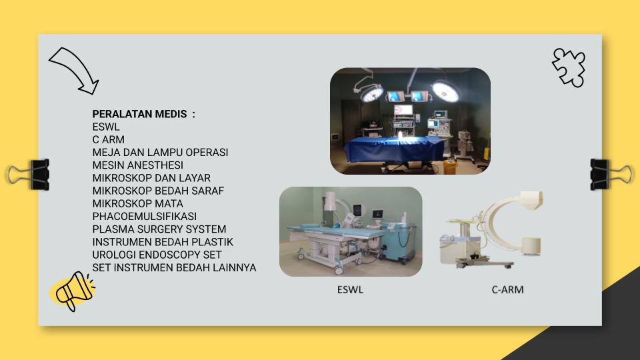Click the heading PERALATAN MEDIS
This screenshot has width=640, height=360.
click(139, 114)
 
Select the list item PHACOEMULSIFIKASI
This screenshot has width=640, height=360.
click(145, 216)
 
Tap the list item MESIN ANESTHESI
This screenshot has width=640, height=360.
click(138, 165)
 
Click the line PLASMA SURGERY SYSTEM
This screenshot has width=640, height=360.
click(159, 229)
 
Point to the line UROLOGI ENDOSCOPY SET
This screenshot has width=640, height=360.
click(157, 255)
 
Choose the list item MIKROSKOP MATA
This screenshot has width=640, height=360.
click(138, 204)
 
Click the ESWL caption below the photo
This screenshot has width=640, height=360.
click(350, 290)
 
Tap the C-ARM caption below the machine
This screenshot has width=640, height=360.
click(508, 290)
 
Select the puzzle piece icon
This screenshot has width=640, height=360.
click(569, 67)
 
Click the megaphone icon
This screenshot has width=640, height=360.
click(74, 291)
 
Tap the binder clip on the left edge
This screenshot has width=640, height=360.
click(29, 175)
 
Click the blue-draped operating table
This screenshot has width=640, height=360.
click(394, 149)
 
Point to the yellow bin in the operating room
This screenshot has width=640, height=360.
click(450, 167)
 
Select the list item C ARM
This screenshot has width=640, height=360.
click(109, 139)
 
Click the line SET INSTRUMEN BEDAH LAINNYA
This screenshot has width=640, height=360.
click(174, 268)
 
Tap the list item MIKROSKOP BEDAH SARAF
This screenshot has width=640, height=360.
click(159, 191)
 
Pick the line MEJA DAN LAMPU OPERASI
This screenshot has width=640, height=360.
click(161, 152)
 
